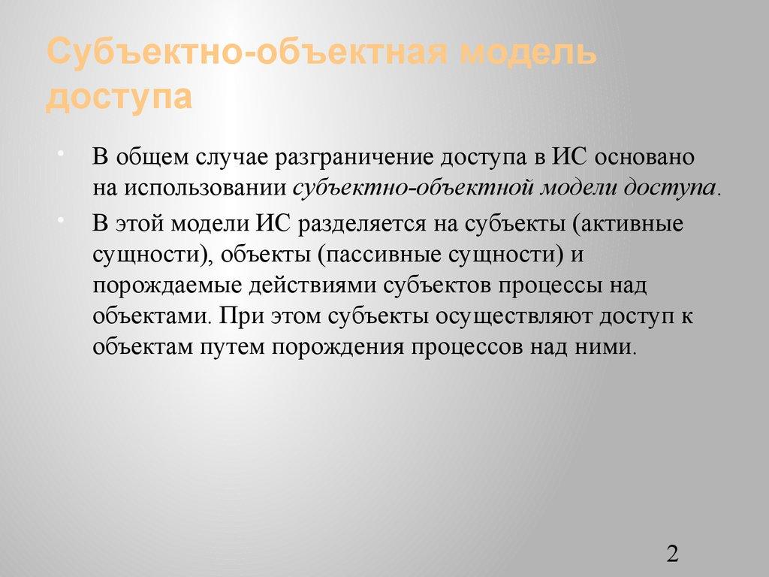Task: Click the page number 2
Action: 672,554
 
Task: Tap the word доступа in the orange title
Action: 119,97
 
